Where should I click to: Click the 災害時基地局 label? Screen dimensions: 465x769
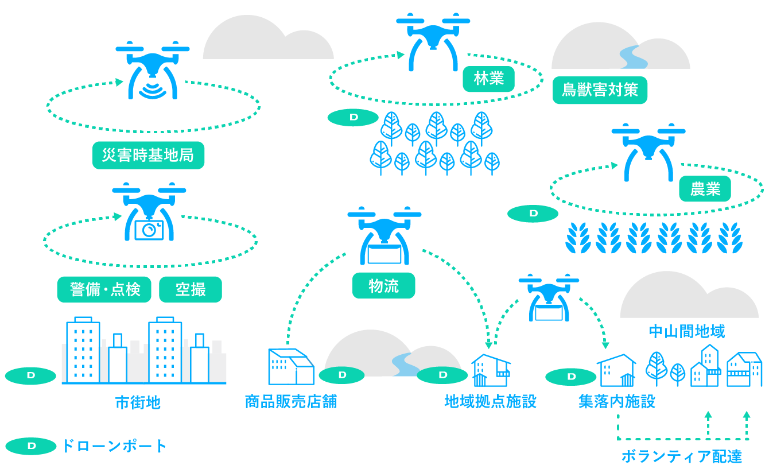point(148,156)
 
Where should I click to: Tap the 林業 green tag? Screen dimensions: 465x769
point(488,79)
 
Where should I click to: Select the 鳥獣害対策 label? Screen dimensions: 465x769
point(600,90)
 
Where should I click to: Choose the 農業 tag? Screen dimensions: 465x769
point(705,189)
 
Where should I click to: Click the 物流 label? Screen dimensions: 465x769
point(383,286)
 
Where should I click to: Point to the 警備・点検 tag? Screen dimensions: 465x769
point(104,290)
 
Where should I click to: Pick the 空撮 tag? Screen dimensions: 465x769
point(190,290)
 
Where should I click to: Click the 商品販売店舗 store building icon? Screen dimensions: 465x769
point(291,366)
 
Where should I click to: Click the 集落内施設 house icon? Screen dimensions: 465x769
point(616,370)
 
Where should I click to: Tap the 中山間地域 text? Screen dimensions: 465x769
point(686,331)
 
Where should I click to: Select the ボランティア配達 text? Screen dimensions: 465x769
point(682,456)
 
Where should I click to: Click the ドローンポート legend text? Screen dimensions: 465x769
point(114,446)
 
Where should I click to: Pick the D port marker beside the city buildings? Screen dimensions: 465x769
point(31,375)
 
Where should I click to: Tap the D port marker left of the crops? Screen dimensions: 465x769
point(533,214)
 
